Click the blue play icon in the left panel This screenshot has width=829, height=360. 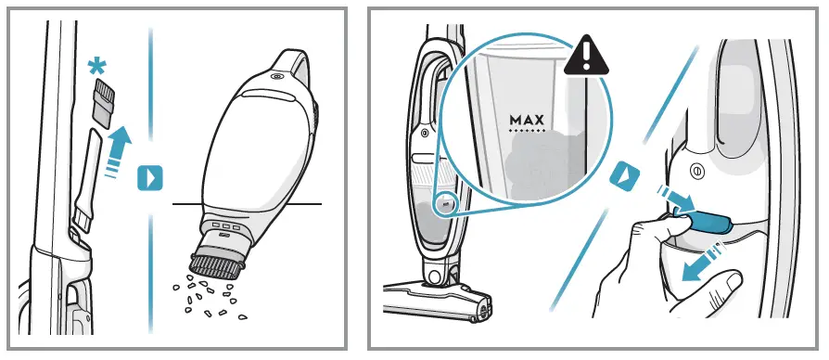tap(149, 176)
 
